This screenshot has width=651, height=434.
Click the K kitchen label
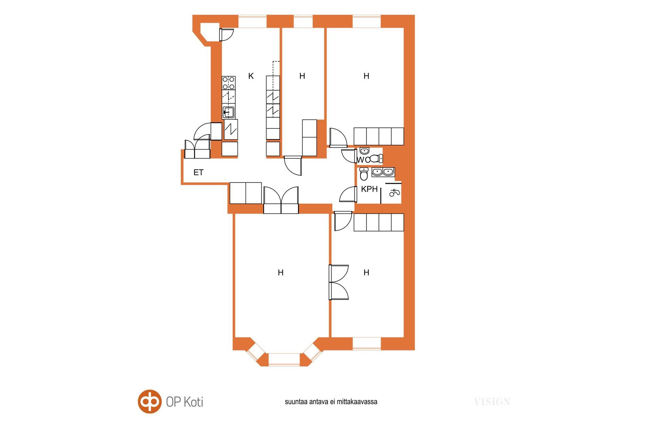251,76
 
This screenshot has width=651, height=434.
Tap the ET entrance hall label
198,173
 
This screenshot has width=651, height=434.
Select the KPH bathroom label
369,189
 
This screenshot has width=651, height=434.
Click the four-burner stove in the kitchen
229,83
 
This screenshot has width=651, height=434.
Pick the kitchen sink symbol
229,111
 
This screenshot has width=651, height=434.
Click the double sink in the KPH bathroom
383,172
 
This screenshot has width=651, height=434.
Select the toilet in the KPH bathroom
364,174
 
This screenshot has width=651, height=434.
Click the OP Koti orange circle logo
150,401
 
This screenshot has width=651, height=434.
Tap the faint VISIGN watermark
492,402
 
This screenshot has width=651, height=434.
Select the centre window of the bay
284,360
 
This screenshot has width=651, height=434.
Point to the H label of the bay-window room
281,273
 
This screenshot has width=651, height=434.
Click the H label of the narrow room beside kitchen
302,76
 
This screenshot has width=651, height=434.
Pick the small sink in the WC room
364,151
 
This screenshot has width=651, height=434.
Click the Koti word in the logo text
194,402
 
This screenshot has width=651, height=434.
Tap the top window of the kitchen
253,21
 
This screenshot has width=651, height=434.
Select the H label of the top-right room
366,76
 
